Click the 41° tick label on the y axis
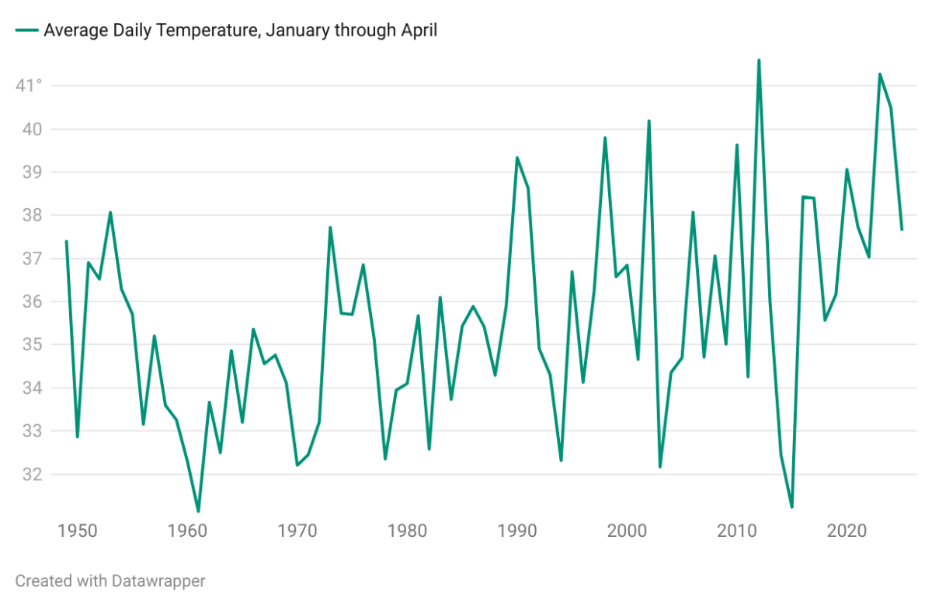[29, 85]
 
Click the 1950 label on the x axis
[77, 531]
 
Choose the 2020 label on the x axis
[847, 531]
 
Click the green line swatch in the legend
[26, 31]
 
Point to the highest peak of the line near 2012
[759, 60]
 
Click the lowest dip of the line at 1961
[198, 511]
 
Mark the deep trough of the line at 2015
[791, 507]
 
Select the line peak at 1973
[330, 228]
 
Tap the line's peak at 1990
[517, 158]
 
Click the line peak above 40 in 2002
[649, 121]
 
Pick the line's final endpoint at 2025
[902, 229]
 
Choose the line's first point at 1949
[66, 242]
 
